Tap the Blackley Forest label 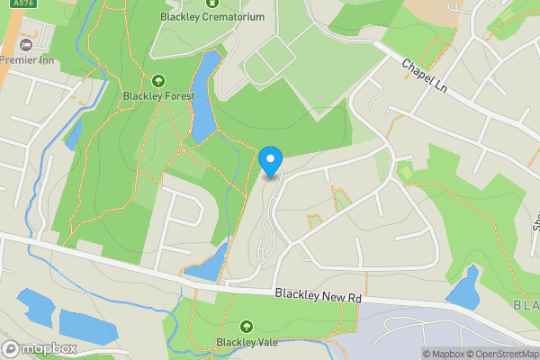(x=158, y=97)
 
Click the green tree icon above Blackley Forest (x=158, y=81)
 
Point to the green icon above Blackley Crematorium (x=212, y=3)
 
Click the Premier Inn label (x=27, y=59)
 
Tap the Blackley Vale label (x=246, y=342)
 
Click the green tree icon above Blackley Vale (x=246, y=326)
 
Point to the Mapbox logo (x=39, y=348)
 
